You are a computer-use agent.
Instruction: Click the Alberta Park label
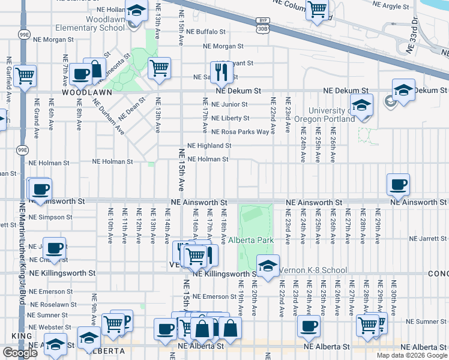(250, 240)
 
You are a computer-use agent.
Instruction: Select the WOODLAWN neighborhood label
(81, 94)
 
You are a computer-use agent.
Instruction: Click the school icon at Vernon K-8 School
(268, 266)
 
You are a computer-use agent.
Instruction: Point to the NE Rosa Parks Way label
(240, 132)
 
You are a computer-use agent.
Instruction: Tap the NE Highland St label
(209, 146)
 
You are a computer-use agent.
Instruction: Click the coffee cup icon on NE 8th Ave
(80, 74)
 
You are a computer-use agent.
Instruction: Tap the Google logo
(19, 353)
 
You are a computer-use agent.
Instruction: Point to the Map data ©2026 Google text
(412, 355)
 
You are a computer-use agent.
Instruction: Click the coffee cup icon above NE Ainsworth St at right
(398, 185)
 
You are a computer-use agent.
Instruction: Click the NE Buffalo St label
(206, 32)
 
